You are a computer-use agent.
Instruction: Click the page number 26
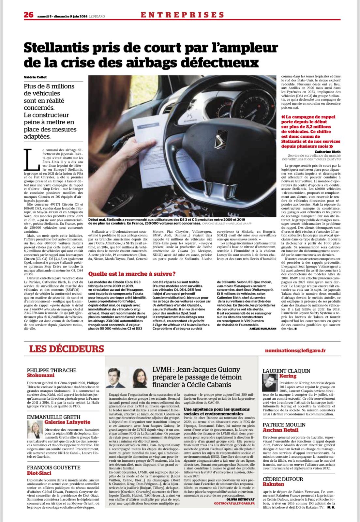click(28, 15)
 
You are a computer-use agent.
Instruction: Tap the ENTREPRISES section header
click(182, 15)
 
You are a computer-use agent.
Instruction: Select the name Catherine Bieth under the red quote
click(328, 152)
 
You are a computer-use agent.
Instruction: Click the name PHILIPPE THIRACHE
click(52, 370)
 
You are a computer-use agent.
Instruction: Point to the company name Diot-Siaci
click(39, 472)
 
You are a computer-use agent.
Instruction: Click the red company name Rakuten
click(274, 484)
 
